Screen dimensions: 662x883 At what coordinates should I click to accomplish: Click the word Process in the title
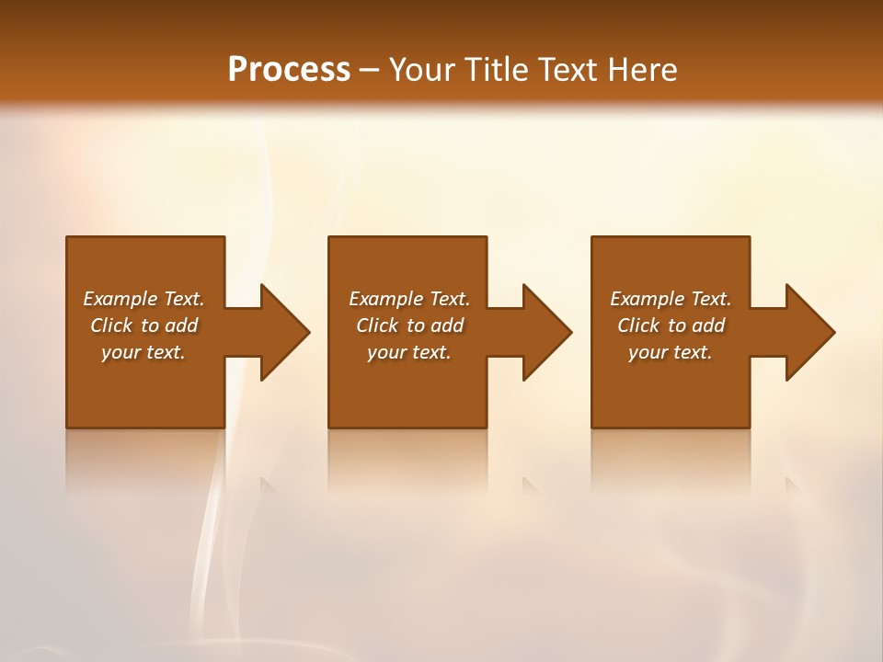click(289, 70)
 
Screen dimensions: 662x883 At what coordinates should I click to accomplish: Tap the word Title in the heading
click(495, 70)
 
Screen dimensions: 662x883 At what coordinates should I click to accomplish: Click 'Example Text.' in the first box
click(143, 299)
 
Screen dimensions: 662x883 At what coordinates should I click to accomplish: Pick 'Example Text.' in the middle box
click(409, 299)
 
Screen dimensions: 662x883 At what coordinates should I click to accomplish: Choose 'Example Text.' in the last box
click(671, 299)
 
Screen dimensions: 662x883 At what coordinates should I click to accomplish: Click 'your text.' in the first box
click(143, 352)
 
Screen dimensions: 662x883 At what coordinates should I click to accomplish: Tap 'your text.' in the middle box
click(409, 352)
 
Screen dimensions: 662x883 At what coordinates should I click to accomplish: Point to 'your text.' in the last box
click(671, 352)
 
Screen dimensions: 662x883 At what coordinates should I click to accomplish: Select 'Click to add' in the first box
click(143, 325)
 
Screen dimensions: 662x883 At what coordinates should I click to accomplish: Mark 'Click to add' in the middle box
click(409, 325)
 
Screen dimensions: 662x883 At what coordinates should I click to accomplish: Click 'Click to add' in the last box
click(671, 325)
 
